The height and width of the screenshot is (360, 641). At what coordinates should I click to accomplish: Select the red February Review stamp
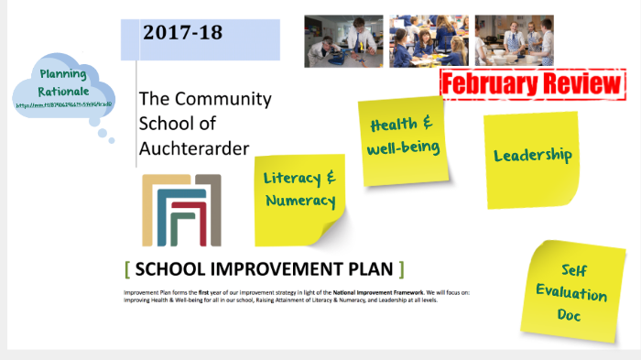click(x=532, y=83)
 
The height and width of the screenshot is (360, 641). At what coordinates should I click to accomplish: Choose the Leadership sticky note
click(x=532, y=156)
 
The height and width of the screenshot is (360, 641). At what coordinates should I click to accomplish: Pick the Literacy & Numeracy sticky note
click(x=299, y=191)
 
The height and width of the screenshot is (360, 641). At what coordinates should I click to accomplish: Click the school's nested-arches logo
click(x=181, y=211)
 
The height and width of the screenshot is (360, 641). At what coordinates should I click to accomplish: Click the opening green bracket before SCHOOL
click(x=126, y=269)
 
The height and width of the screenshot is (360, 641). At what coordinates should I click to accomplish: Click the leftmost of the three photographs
click(x=341, y=40)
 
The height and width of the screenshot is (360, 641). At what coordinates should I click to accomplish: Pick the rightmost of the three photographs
click(x=514, y=40)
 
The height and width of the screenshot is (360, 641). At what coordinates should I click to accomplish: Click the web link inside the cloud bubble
click(x=63, y=105)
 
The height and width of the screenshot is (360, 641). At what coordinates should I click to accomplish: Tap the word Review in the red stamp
click(x=579, y=83)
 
